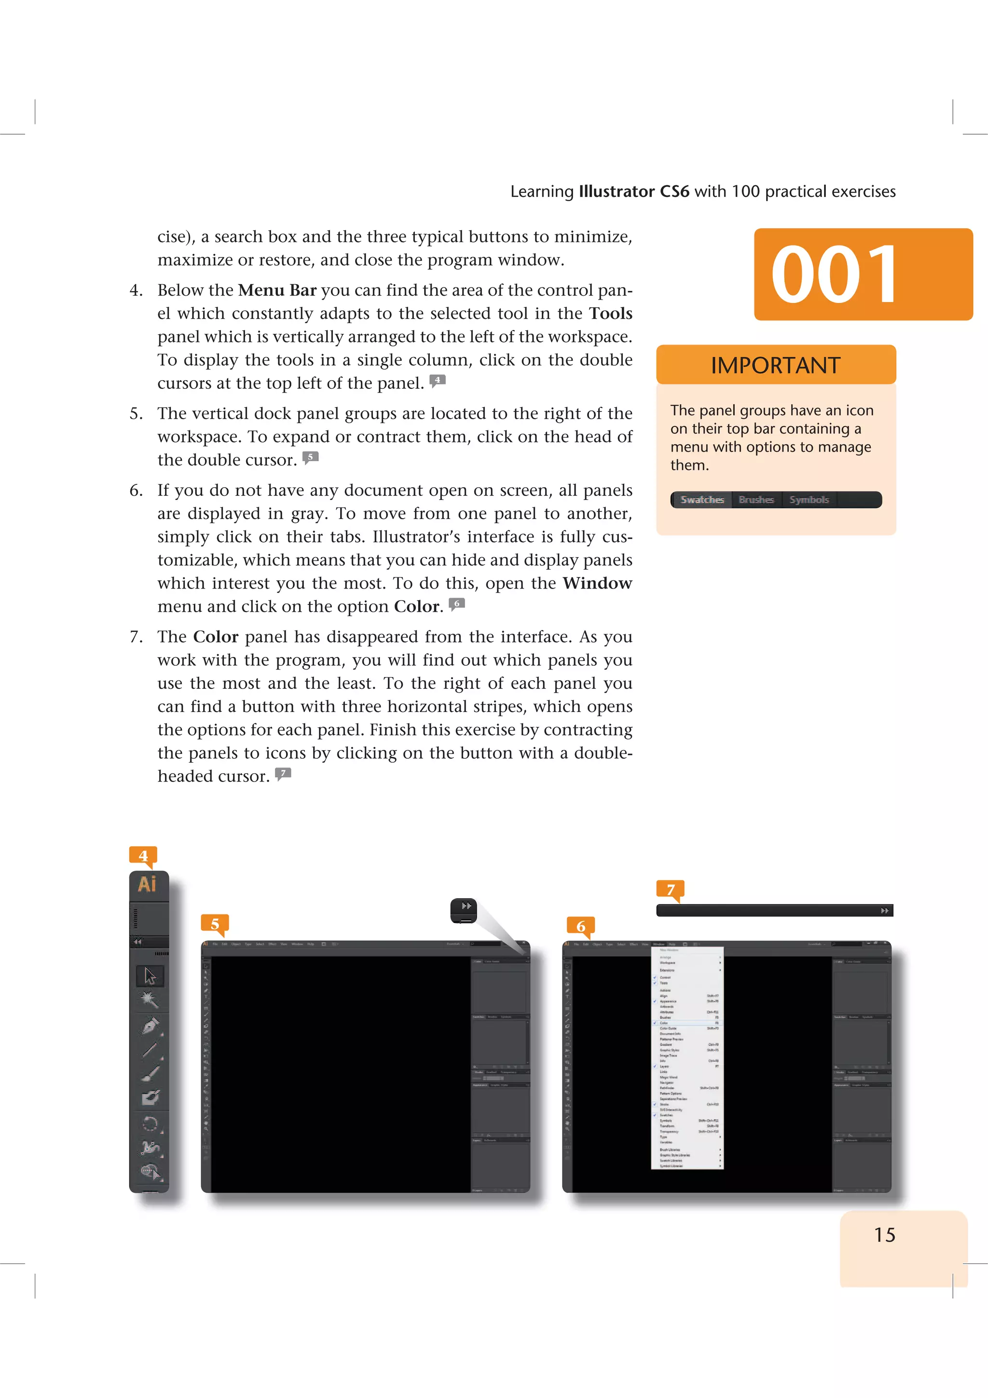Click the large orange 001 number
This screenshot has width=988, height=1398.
834,274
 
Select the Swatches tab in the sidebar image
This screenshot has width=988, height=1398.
702,499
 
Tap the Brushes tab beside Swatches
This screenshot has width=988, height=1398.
755,499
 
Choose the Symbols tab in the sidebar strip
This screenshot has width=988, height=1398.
809,499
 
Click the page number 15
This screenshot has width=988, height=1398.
884,1235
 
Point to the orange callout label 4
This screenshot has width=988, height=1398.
143,855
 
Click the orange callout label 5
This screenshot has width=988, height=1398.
215,924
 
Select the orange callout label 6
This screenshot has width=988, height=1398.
581,926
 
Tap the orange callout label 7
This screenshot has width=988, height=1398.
670,889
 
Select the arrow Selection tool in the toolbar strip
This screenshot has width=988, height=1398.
150,976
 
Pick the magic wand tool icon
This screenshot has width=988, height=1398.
149,1000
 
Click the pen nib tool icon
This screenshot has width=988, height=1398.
150,1026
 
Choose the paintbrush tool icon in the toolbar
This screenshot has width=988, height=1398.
150,1073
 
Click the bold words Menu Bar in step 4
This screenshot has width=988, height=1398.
277,290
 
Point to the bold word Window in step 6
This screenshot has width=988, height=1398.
597,583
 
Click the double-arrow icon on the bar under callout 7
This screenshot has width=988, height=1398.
884,910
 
